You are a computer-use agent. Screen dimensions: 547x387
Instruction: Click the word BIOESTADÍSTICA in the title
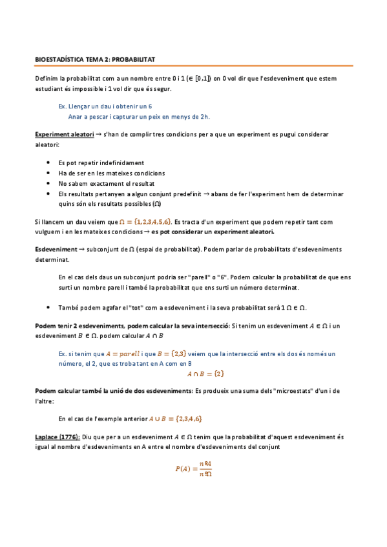coord(57,59)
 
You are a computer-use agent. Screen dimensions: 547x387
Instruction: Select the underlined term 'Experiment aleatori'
coord(60,134)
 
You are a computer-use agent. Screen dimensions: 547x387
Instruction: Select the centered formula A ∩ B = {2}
coord(205,373)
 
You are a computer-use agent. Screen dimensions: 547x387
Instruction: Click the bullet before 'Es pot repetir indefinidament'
coord(48,163)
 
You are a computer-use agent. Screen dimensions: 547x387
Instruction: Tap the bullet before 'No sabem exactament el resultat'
coord(48,183)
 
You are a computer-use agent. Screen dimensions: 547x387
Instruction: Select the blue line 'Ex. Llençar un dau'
coord(105,106)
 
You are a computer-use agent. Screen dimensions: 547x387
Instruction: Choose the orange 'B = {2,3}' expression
coord(171,353)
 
